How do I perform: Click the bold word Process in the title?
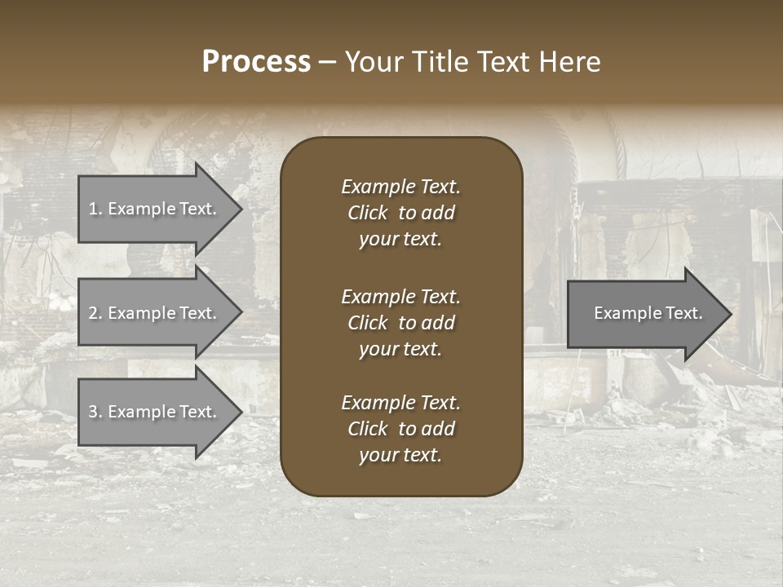pos(256,62)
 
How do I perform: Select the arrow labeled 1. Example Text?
pos(155,209)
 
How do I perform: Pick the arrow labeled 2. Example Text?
pos(155,313)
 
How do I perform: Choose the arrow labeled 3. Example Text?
pos(155,412)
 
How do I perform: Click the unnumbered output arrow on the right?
pos(644,314)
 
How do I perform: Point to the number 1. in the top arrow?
pos(95,209)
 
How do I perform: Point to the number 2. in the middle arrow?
pos(95,313)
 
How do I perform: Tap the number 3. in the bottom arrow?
pos(95,412)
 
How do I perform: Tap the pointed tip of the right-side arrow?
pos(729,314)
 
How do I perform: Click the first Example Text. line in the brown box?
pos(400,187)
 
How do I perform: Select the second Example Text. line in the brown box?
pos(400,297)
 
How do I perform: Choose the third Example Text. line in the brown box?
pos(400,403)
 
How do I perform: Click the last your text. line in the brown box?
pos(400,456)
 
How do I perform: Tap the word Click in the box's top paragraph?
pos(368,214)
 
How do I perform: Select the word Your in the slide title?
pos(374,62)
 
